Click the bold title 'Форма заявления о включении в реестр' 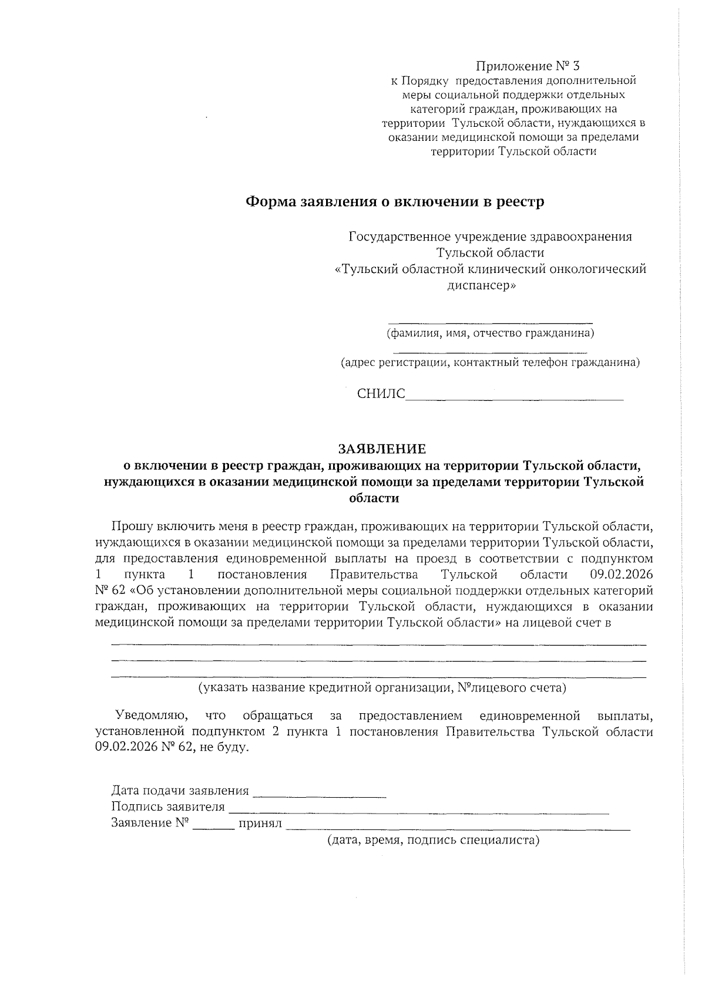pos(394,202)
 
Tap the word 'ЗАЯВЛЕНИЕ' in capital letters pos(381,449)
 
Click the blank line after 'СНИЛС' pos(514,398)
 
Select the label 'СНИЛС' pos(381,394)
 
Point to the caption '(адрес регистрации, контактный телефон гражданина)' pos(491,363)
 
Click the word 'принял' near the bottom pos(260,824)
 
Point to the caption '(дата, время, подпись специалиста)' pos(433,840)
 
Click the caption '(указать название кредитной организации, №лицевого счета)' pos(382,687)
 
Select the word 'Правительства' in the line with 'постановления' pos(374,574)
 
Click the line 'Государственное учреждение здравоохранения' pos(490,237)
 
